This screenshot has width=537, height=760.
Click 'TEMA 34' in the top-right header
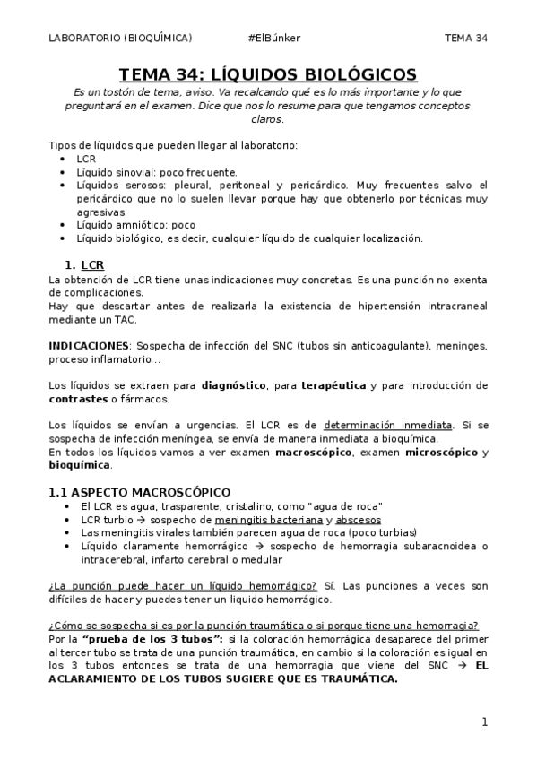tap(466, 38)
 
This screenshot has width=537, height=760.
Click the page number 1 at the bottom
tap(484, 721)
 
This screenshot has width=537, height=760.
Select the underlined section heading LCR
tap(91, 265)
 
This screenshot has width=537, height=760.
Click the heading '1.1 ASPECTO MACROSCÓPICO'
tap(139, 492)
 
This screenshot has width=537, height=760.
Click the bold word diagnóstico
tap(233, 384)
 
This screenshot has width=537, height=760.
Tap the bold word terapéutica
tap(332, 384)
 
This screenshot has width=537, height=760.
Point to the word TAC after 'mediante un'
tap(112, 318)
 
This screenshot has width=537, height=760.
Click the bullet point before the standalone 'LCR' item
tap(62, 159)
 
